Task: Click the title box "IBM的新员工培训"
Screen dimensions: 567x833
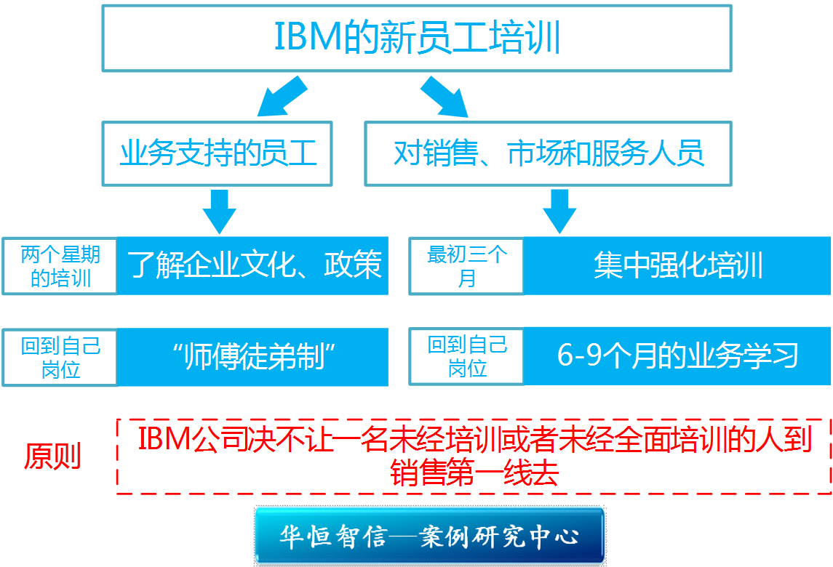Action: click(417, 38)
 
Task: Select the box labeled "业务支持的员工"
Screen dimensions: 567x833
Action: click(218, 154)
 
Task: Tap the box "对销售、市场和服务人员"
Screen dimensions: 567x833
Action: click(549, 154)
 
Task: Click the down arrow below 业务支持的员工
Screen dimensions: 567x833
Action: click(219, 210)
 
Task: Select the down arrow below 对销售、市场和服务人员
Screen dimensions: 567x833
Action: click(559, 210)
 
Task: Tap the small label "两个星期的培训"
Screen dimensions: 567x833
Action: click(60, 266)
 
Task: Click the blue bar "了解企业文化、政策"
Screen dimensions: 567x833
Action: click(255, 266)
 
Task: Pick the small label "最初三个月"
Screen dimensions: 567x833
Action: click(467, 266)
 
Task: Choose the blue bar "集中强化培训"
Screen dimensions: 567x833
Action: click(678, 266)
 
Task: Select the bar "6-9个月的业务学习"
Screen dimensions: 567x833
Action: click(678, 356)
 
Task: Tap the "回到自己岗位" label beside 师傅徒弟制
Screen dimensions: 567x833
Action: click(60, 357)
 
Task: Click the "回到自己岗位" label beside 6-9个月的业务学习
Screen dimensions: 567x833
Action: click(467, 357)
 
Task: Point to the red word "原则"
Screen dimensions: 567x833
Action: click(53, 457)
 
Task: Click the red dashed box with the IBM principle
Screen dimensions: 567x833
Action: click(474, 456)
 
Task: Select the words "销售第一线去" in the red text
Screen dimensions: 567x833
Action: click(474, 473)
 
